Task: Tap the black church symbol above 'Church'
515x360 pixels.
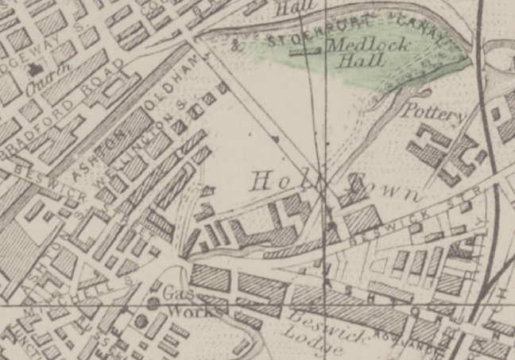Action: [35, 70]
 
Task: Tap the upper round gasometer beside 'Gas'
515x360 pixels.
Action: [153, 303]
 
